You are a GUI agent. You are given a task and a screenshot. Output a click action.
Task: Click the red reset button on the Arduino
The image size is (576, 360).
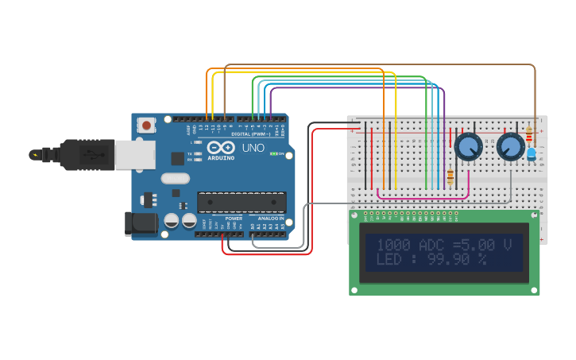146,125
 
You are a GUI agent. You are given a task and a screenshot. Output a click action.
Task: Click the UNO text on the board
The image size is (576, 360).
253,148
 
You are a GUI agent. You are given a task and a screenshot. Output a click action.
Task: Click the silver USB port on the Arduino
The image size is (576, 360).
134,155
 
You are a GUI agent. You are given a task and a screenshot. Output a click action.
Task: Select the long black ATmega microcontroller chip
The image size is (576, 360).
241,202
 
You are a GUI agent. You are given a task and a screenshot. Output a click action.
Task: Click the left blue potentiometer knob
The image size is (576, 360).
468,147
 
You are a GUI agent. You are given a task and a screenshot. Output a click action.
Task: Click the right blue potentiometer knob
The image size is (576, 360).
510,147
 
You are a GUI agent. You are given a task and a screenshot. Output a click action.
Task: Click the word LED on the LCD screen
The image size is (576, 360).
391,260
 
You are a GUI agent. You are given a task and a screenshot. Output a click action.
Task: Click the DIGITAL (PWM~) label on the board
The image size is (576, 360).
242,135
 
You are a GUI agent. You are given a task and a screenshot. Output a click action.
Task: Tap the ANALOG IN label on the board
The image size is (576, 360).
268,218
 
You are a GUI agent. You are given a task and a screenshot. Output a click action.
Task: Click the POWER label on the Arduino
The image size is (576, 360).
233,218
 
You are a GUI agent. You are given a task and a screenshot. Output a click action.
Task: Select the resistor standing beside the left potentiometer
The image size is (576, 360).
451,176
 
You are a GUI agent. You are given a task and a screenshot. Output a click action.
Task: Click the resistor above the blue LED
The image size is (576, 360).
529,135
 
